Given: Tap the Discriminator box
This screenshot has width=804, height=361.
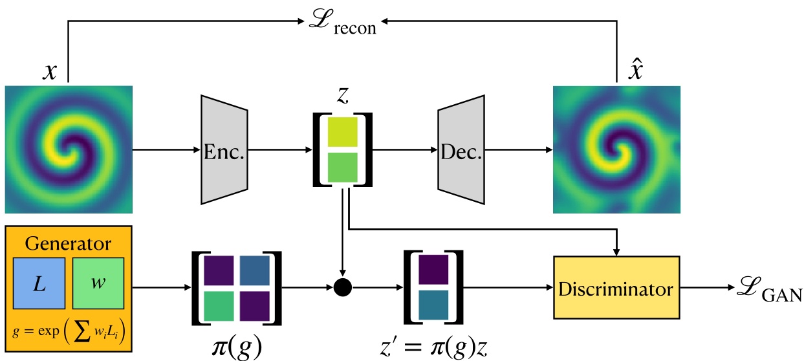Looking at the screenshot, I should tap(616, 287).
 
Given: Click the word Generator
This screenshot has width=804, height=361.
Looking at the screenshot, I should tap(68, 244).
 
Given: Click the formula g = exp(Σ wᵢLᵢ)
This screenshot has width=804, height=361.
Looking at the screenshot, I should tap(68, 333).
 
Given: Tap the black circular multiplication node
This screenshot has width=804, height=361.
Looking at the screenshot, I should tap(342, 287).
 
